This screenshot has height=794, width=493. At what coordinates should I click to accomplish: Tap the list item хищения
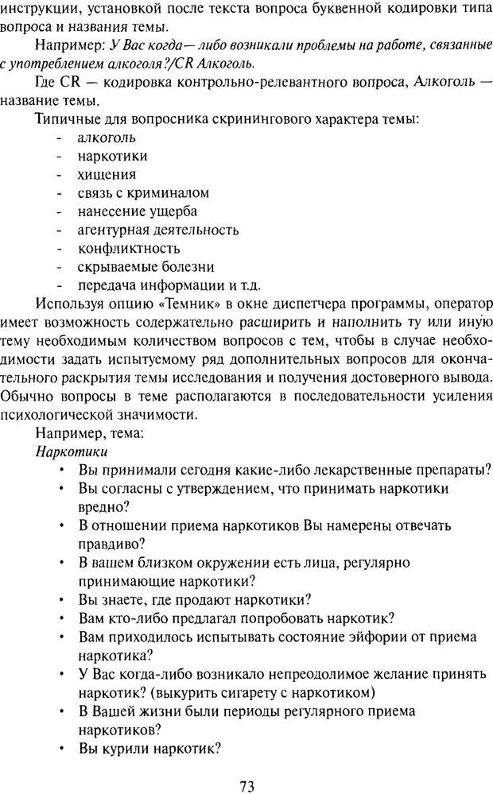click(x=107, y=174)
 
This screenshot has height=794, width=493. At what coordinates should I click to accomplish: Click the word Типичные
click(x=67, y=118)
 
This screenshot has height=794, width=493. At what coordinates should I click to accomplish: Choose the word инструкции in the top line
click(x=41, y=10)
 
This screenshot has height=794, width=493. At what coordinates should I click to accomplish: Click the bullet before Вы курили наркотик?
click(x=61, y=748)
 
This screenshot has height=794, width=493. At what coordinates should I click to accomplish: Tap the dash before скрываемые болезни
click(x=60, y=267)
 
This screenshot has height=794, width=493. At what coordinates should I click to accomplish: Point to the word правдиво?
click(x=112, y=544)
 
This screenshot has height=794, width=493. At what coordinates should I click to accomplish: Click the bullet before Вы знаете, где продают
click(x=61, y=599)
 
